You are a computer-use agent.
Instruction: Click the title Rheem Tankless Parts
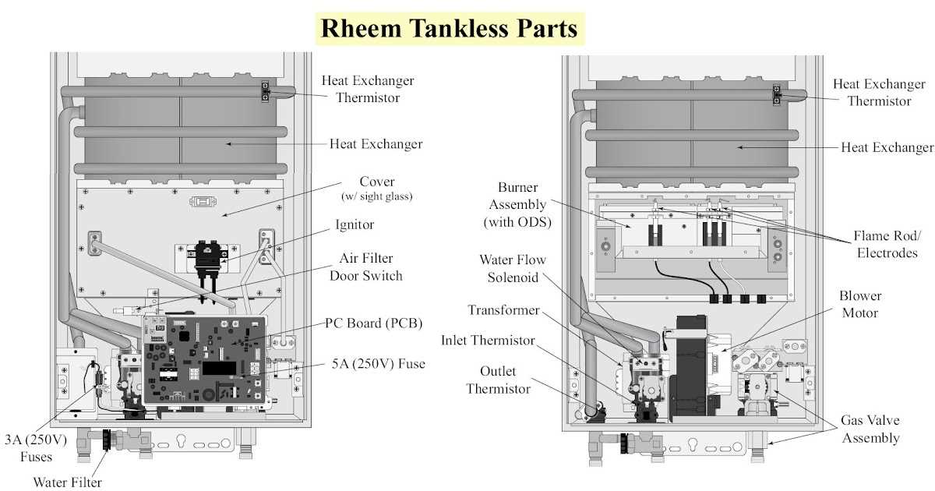tap(449, 29)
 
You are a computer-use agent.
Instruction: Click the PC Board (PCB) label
tap(373, 324)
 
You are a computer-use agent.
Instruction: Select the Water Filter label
tap(67, 482)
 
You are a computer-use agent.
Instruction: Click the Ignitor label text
tap(354, 224)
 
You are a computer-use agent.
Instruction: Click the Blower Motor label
tap(859, 304)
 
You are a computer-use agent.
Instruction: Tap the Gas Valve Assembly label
tap(870, 429)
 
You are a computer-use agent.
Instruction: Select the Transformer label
tap(503, 310)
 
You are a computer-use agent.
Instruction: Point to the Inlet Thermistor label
tap(488, 341)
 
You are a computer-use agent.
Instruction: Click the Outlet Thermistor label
tap(498, 380)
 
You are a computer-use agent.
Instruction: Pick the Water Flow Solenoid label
tap(512, 268)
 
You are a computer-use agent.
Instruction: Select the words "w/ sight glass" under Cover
tap(377, 196)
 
